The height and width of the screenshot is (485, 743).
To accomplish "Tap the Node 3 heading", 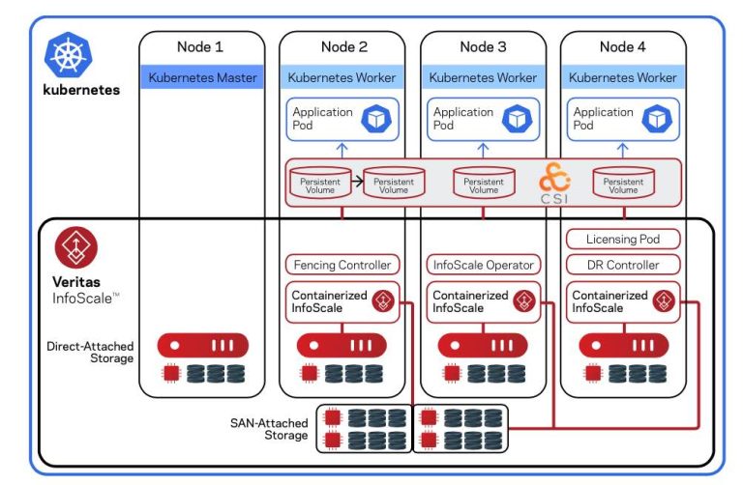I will coord(484,46).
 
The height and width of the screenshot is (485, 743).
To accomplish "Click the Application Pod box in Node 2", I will coord(342,119).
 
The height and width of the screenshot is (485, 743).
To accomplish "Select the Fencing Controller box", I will coord(342,265).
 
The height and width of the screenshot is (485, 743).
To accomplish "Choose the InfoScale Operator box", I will coord(483,265).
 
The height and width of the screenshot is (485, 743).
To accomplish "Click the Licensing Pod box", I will coord(623,239).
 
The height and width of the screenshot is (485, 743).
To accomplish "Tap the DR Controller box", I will coord(623,265).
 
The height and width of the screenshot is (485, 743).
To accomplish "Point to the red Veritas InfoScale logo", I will coord(74,248).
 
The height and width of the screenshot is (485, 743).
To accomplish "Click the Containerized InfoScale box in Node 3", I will coord(483,300).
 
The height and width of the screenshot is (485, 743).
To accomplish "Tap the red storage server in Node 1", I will coord(202,345).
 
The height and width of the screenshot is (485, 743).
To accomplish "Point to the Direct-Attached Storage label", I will coord(90,351).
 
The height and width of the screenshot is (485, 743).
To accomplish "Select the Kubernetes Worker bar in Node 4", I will coord(623,77).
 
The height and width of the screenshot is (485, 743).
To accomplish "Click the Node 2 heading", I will coord(342,46).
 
